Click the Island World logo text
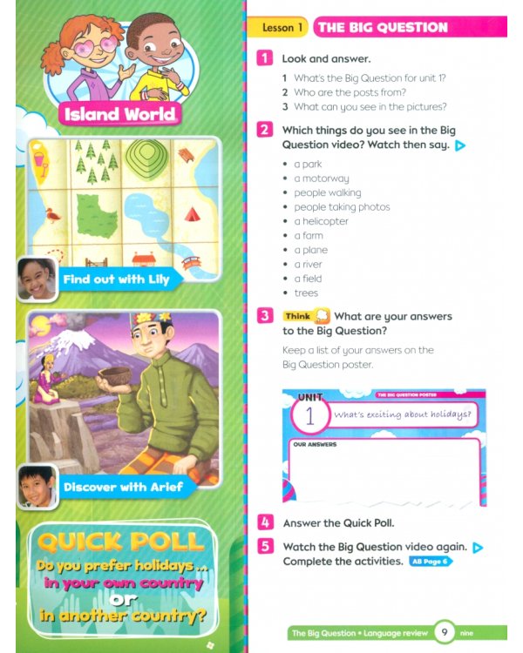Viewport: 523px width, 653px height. pos(120,114)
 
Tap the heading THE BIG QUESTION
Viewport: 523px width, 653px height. pos(382,28)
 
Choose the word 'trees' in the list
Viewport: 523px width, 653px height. pos(306,293)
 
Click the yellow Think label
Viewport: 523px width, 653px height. pos(297,317)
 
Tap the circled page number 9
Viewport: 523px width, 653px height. pos(445,633)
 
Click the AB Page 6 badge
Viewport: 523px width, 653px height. pos(431,562)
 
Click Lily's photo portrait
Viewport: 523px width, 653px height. pos(37,279)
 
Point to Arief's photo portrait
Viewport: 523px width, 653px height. pos(37,486)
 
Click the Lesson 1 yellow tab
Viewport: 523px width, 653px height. pos(282,28)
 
